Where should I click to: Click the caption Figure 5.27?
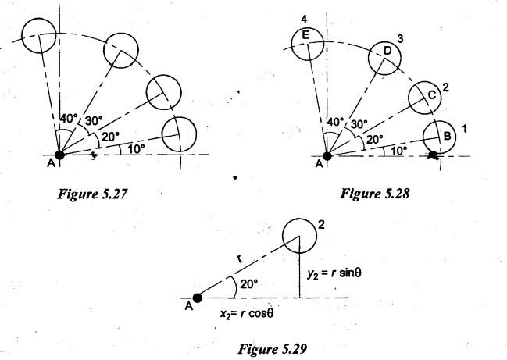click(x=92, y=194)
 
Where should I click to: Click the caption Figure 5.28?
click(x=375, y=194)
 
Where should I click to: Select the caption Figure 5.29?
click(x=273, y=349)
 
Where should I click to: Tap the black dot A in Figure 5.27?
click(x=60, y=155)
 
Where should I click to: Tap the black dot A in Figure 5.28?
click(x=327, y=156)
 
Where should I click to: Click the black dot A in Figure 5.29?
click(x=197, y=298)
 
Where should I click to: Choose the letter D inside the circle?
click(x=387, y=51)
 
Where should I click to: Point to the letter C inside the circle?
click(x=432, y=95)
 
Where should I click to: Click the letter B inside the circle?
click(x=447, y=136)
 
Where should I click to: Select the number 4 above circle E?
click(x=304, y=20)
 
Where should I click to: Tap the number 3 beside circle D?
click(x=400, y=39)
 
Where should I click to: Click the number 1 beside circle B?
click(x=464, y=129)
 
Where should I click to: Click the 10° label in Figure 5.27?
click(x=136, y=149)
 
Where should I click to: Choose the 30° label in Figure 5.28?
click(x=359, y=124)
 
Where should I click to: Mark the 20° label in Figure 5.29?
click(x=249, y=284)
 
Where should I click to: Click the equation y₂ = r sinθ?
click(x=334, y=273)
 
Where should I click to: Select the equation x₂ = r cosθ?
click(x=247, y=313)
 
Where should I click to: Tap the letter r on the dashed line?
click(x=239, y=258)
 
